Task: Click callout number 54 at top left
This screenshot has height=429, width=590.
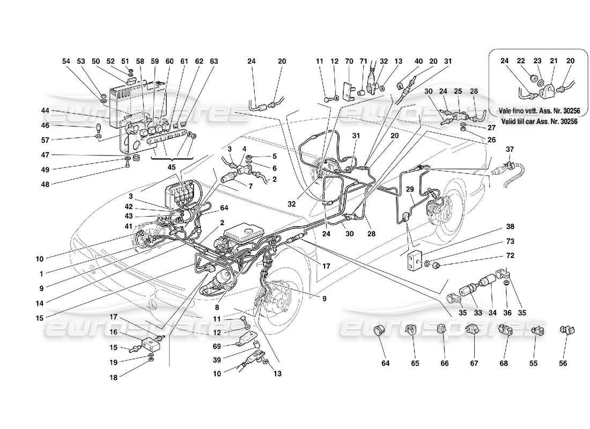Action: [x=66, y=62]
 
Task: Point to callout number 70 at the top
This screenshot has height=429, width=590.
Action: [x=349, y=62]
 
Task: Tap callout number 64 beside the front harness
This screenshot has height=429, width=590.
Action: [x=223, y=209]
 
